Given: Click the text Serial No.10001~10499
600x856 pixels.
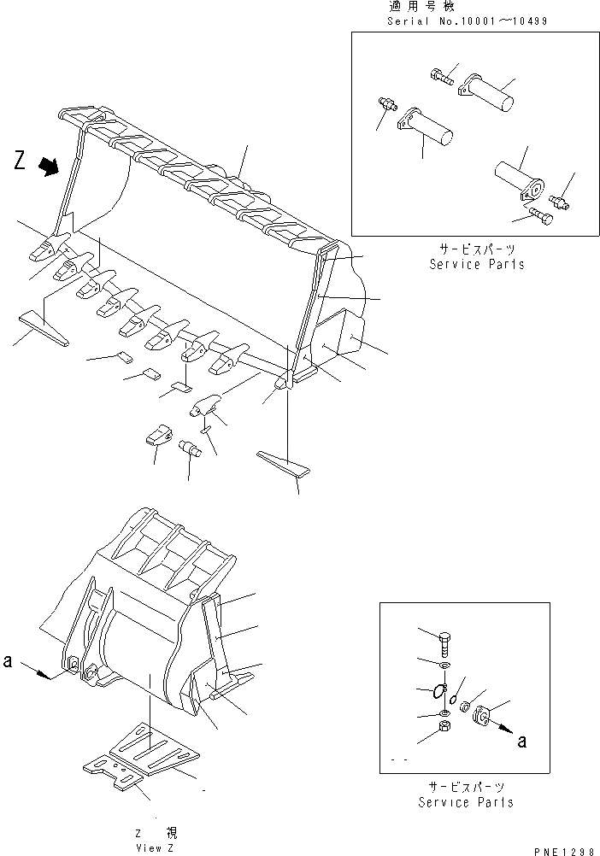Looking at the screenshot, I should pyautogui.click(x=468, y=21).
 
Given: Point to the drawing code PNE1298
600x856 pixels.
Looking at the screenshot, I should pyautogui.click(x=564, y=847).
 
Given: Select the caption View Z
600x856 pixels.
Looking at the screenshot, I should pyautogui.click(x=154, y=847).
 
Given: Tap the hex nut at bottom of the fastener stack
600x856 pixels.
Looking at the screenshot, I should pyautogui.click(x=444, y=727).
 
